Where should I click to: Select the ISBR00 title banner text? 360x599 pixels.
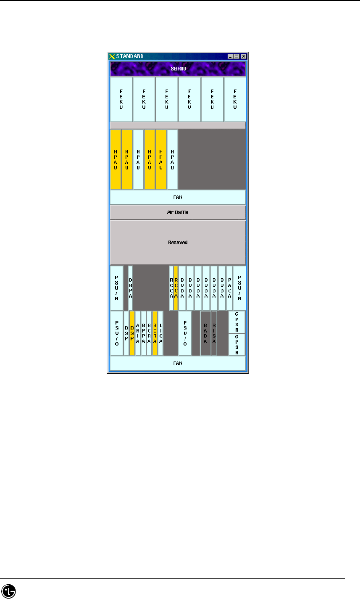[x=178, y=69]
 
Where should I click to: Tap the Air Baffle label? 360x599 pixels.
[x=178, y=212]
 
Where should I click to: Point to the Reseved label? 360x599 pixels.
[x=178, y=243]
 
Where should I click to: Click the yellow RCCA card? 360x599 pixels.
[x=176, y=288]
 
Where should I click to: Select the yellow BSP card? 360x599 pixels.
[x=132, y=333]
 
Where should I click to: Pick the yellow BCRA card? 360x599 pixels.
[x=155, y=333]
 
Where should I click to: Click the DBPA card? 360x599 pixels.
[x=130, y=288]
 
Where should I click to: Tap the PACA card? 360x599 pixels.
[x=229, y=288]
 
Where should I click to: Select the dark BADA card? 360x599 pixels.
[x=205, y=333]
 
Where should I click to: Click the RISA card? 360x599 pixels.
[x=214, y=333]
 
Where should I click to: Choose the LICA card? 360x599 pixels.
[x=160, y=333]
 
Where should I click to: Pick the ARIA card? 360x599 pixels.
[x=137, y=333]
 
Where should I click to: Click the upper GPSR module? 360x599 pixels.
[x=237, y=322]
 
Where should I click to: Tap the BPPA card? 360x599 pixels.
[x=143, y=333]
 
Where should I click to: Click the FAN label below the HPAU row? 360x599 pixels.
[x=178, y=197]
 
